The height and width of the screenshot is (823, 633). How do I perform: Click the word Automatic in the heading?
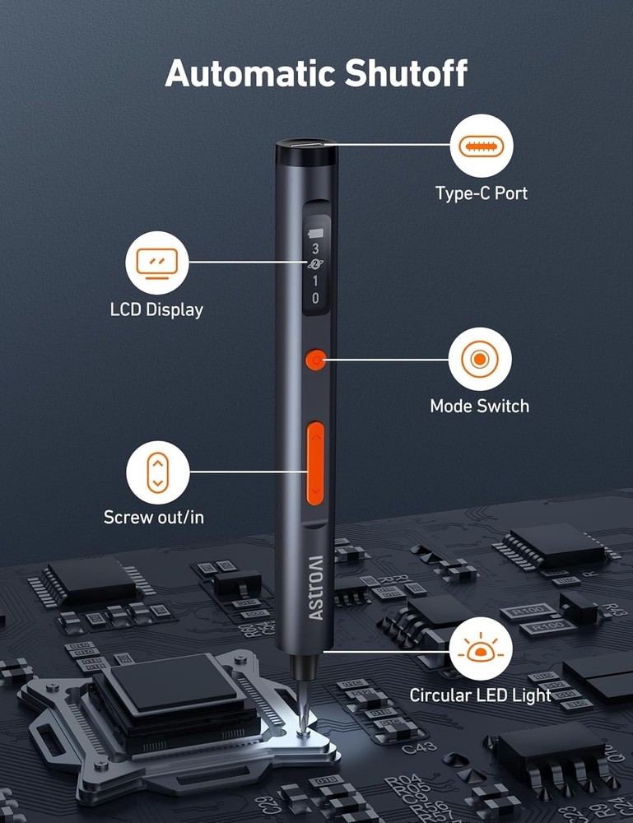point(239,73)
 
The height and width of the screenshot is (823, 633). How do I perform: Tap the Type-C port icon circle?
point(482,147)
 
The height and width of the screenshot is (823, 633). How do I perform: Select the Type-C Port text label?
point(482,194)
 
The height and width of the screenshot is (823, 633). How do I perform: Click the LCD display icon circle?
point(156,263)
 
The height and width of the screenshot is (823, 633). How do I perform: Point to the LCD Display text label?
point(156,310)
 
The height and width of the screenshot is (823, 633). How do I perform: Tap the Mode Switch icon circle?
point(480,359)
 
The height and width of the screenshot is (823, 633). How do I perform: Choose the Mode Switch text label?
point(480,406)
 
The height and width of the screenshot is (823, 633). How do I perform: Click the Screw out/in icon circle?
point(157,472)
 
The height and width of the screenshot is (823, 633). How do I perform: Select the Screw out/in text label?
point(154,518)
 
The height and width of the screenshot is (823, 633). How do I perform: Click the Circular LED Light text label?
point(481,695)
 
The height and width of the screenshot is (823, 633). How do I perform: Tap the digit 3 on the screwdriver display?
point(315,249)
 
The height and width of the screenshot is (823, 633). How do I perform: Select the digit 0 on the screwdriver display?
point(315,299)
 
